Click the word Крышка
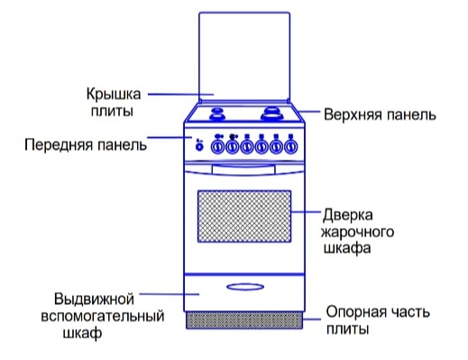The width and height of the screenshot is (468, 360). pyautogui.click(x=114, y=94)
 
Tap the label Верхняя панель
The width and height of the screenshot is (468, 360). pyautogui.click(x=380, y=115)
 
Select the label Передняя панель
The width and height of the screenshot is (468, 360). pyautogui.click(x=86, y=144)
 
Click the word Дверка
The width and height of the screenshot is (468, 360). pyautogui.click(x=348, y=216)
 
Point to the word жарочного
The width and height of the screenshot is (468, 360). pyautogui.click(x=358, y=232)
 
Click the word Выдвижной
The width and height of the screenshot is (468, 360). pyautogui.click(x=94, y=300)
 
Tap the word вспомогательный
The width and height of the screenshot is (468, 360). pyautogui.click(x=103, y=316)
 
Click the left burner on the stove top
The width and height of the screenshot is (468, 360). pyautogui.click(x=217, y=113)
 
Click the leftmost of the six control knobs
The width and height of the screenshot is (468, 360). pyautogui.click(x=217, y=147)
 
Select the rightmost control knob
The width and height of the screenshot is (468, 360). pyautogui.click(x=291, y=147)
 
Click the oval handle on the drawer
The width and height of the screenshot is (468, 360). pyautogui.click(x=245, y=287)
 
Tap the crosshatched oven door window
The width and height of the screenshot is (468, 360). pyautogui.click(x=244, y=217)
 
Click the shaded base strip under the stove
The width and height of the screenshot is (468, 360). pyautogui.click(x=244, y=320)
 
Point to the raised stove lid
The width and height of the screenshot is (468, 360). pyautogui.click(x=244, y=57)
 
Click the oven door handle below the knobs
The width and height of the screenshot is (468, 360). pyautogui.click(x=243, y=170)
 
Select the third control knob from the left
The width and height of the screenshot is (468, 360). pyautogui.click(x=247, y=147)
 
